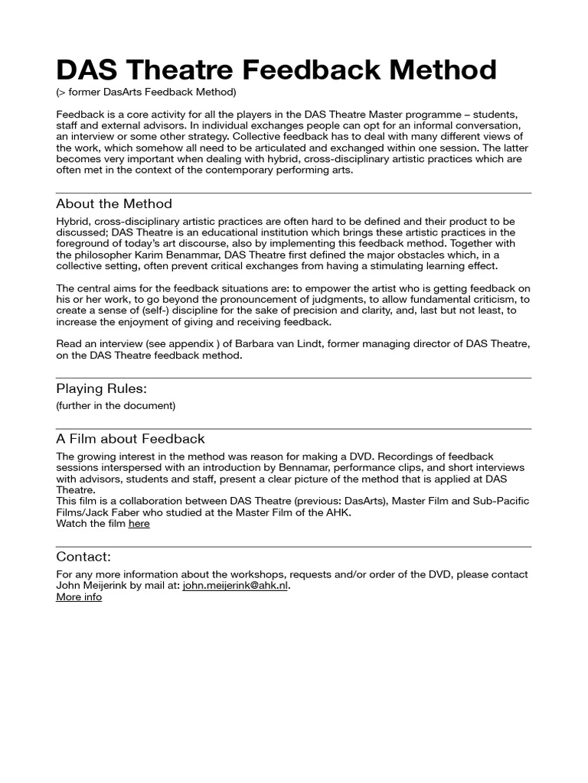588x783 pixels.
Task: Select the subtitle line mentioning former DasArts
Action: coord(146,93)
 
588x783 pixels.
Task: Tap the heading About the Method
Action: coord(114,204)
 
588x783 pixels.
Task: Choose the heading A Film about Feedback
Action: coord(130,439)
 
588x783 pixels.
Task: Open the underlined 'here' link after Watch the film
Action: coord(139,524)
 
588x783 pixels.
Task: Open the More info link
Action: coord(79,597)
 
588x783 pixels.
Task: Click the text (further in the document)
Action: coord(116,405)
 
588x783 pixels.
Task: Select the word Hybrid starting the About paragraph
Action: coord(73,221)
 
